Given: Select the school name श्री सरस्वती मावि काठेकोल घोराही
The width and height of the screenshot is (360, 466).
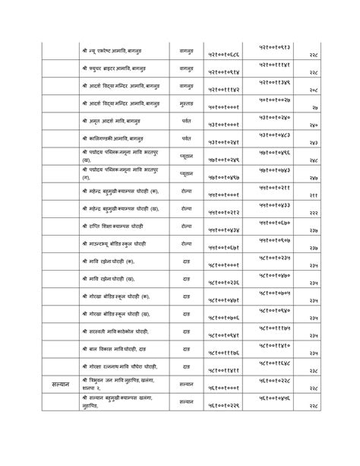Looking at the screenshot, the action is pyautogui.click(x=115, y=331).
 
